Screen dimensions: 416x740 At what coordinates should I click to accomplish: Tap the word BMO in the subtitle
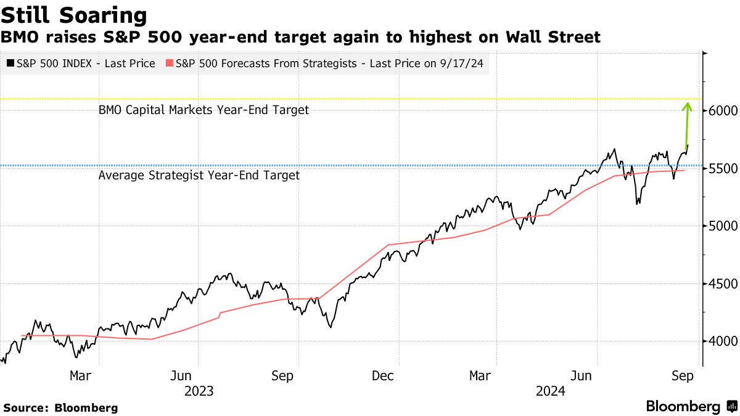[18, 38]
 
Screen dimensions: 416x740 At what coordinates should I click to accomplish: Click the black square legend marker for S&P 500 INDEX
[10, 63]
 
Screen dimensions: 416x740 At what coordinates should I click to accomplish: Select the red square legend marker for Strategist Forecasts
[170, 63]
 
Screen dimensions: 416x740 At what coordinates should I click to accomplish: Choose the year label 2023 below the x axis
[199, 391]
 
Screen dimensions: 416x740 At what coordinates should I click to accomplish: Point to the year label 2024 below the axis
[551, 391]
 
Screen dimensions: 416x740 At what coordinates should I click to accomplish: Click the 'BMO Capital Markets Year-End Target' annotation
[203, 110]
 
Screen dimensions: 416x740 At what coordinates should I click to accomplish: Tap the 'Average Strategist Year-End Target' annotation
[199, 176]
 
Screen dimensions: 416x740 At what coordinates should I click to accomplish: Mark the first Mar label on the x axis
[80, 375]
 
